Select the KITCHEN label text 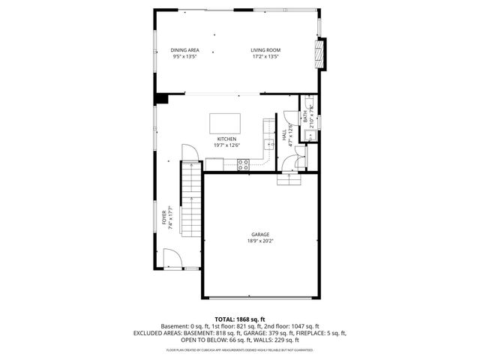(226, 139)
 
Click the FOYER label (164, 218)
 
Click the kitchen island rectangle (225, 121)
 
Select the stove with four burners (243, 164)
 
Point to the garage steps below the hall (289, 178)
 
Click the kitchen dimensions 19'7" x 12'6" (226, 145)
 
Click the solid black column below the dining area (161, 98)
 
